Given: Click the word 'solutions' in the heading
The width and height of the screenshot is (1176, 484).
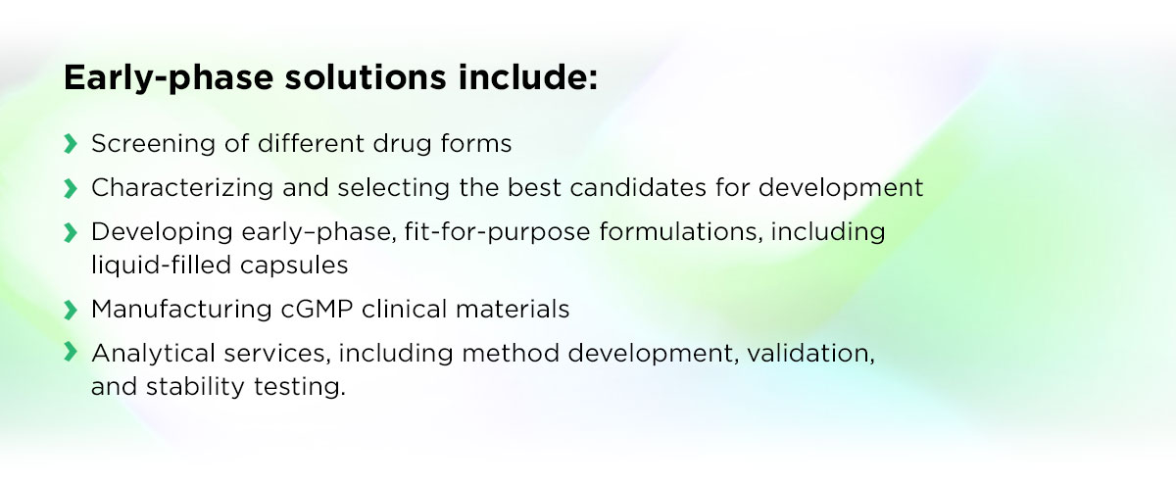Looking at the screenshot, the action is point(366,77).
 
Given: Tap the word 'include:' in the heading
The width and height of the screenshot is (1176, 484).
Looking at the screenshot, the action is point(528,77).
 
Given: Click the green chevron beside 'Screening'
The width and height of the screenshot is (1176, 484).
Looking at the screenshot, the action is point(71,144).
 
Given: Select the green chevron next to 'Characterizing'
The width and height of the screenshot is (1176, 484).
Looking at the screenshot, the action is point(71,188).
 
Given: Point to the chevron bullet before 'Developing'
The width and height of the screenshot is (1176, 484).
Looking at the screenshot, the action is point(71,232).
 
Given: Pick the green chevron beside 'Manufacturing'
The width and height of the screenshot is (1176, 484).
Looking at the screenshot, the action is point(71,310).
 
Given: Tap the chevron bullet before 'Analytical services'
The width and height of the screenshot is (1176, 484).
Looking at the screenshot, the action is point(71,352).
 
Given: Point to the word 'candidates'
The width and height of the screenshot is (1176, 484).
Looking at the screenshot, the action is point(638,188).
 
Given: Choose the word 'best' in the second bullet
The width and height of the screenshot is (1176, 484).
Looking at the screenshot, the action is point(534,188).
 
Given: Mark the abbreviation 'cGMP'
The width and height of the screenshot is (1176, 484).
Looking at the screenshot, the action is point(317,310).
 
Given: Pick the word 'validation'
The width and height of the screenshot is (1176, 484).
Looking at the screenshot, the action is point(810,354).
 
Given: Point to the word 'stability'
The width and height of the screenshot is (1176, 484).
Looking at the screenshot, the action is point(195,387).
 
